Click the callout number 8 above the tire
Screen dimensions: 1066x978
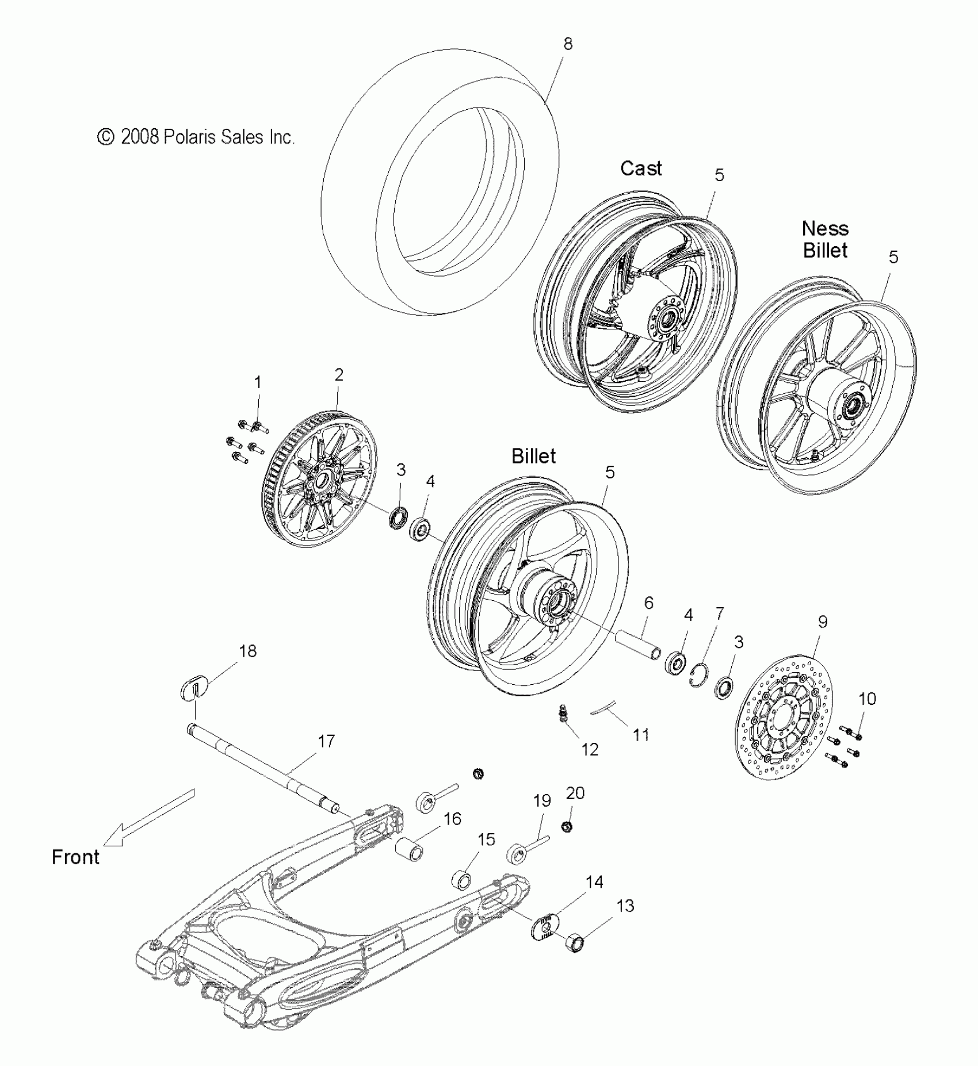pyautogui.click(x=568, y=44)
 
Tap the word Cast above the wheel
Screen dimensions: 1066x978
pyautogui.click(x=641, y=168)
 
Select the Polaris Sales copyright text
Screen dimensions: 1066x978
pyautogui.click(x=196, y=137)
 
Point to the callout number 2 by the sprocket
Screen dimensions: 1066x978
pyautogui.click(x=339, y=374)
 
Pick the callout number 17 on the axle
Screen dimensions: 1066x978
pyautogui.click(x=326, y=741)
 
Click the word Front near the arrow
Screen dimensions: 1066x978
pyautogui.click(x=75, y=857)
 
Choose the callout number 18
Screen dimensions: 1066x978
pyautogui.click(x=249, y=651)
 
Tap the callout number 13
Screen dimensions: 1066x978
pyautogui.click(x=625, y=906)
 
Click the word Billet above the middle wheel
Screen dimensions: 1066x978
pyautogui.click(x=533, y=456)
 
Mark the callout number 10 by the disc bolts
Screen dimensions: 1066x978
pyautogui.click(x=867, y=699)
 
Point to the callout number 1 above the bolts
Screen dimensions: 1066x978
pyautogui.click(x=258, y=382)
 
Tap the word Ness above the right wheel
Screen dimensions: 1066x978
pyautogui.click(x=825, y=229)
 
